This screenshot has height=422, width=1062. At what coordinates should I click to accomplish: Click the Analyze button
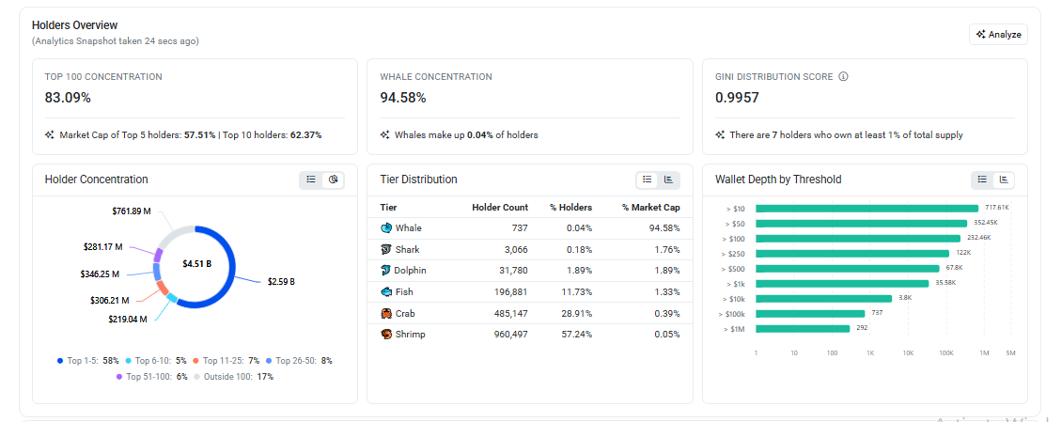(x=998, y=35)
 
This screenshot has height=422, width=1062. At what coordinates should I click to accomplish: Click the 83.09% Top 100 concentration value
(x=68, y=98)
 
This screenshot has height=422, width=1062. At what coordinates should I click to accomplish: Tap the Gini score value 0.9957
(x=737, y=98)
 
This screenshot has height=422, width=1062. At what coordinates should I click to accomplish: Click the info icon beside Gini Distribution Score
(x=843, y=76)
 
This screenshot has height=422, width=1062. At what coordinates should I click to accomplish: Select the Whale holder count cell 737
(x=520, y=228)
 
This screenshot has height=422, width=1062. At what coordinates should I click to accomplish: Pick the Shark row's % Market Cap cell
(x=665, y=249)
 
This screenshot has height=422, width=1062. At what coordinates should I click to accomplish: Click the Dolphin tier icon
(x=386, y=271)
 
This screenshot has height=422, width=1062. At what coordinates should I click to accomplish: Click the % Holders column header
(x=570, y=208)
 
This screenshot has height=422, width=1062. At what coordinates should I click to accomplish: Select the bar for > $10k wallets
(x=823, y=299)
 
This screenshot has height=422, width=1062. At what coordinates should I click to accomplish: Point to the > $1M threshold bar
(x=803, y=329)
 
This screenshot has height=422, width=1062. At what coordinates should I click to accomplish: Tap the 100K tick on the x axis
(x=946, y=352)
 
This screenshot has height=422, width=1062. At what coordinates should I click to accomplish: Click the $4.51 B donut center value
(x=197, y=263)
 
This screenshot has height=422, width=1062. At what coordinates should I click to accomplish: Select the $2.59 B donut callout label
(x=281, y=282)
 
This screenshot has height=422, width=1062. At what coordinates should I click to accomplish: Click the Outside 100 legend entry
(x=234, y=377)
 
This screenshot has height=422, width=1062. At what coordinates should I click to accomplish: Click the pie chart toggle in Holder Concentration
(x=334, y=180)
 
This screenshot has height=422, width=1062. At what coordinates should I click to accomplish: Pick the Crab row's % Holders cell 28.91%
(x=578, y=313)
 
